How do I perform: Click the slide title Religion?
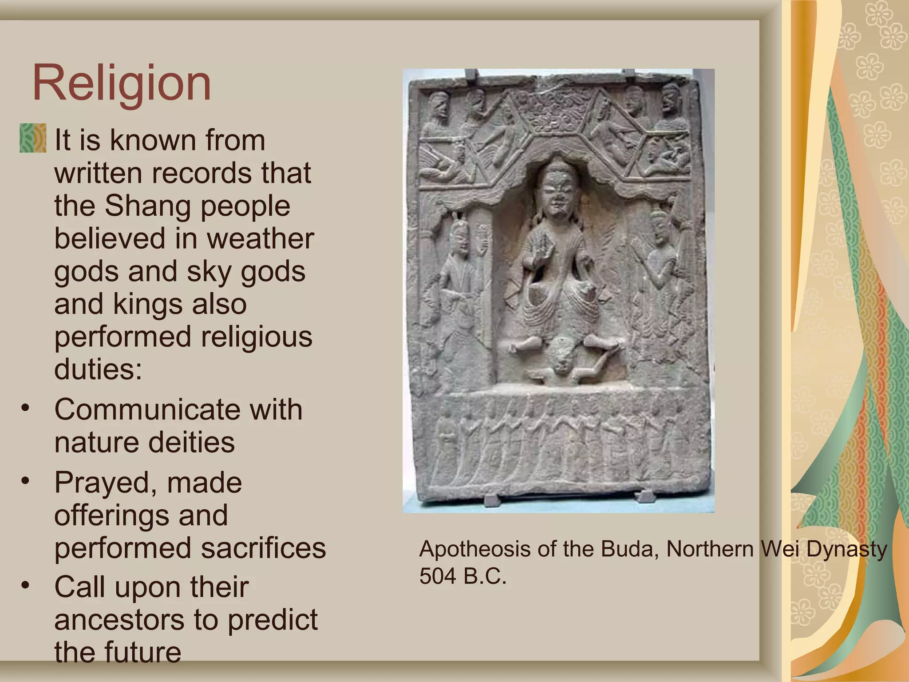[122, 83]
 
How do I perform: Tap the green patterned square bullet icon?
[33, 138]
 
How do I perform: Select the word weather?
[260, 239]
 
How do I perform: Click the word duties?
[98, 369]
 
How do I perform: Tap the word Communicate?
[146, 409]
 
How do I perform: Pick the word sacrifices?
[263, 548]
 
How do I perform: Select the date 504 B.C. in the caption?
[462, 577]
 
